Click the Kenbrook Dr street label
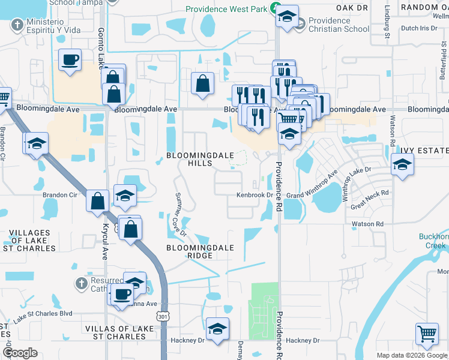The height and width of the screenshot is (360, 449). pos(255,195)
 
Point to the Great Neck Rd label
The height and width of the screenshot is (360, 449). pos(370,201)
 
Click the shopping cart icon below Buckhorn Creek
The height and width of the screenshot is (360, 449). pos(426,333)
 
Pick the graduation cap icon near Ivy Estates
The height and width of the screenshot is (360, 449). pos(402,163)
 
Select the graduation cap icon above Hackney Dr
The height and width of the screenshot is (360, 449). pos(217,328)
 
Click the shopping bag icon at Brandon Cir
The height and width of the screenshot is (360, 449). pos(97,201)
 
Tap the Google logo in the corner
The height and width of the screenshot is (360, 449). pos(20,352)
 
